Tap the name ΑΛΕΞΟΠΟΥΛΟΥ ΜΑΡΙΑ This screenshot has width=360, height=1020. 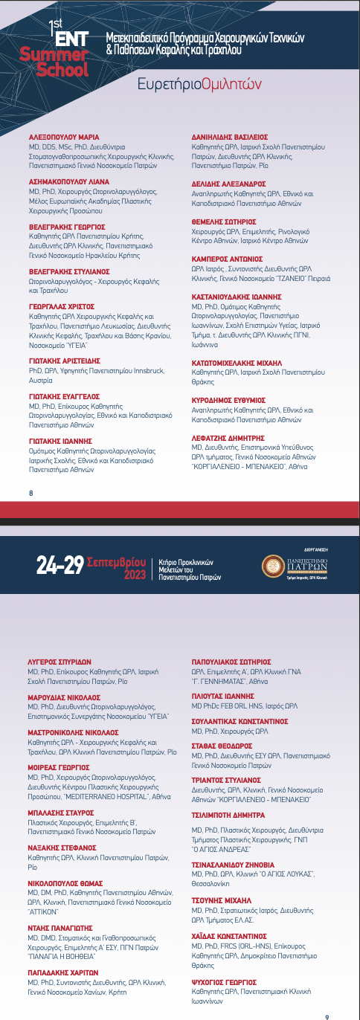(x=63, y=138)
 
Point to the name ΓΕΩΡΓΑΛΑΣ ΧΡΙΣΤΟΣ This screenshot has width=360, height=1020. (x=61, y=306)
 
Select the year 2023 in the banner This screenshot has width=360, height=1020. (x=135, y=575)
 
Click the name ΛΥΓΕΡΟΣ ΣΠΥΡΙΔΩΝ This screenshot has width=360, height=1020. (x=60, y=660)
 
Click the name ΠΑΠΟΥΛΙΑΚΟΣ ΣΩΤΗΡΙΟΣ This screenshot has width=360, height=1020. (x=232, y=660)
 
